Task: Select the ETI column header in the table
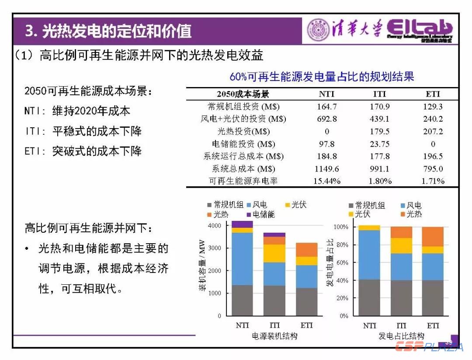pyautogui.click(x=433, y=94)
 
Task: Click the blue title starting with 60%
pyautogui.click(x=322, y=77)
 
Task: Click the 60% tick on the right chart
pyautogui.click(x=341, y=263)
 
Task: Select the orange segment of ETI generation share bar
pyautogui.click(x=433, y=236)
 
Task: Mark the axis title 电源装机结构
pyautogui.click(x=275, y=336)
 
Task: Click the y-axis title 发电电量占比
pyautogui.click(x=330, y=262)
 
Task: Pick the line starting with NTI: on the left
pyautogui.click(x=77, y=111)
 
